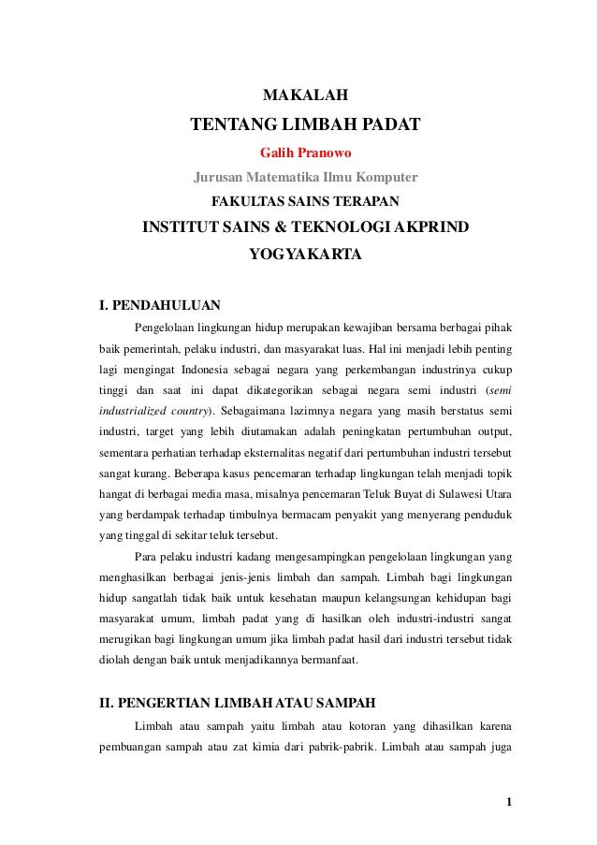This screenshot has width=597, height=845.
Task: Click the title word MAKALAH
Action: [x=306, y=95]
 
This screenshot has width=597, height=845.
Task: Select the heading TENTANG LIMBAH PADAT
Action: [x=306, y=125]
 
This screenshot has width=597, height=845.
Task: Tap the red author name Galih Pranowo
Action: [x=306, y=153]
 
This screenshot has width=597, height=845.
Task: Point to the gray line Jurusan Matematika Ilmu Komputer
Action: [x=306, y=177]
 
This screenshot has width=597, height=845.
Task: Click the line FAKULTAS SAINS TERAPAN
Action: [x=306, y=201]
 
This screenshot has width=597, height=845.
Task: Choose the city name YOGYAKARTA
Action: [x=306, y=254]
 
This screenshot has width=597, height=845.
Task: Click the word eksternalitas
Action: [x=292, y=452]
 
